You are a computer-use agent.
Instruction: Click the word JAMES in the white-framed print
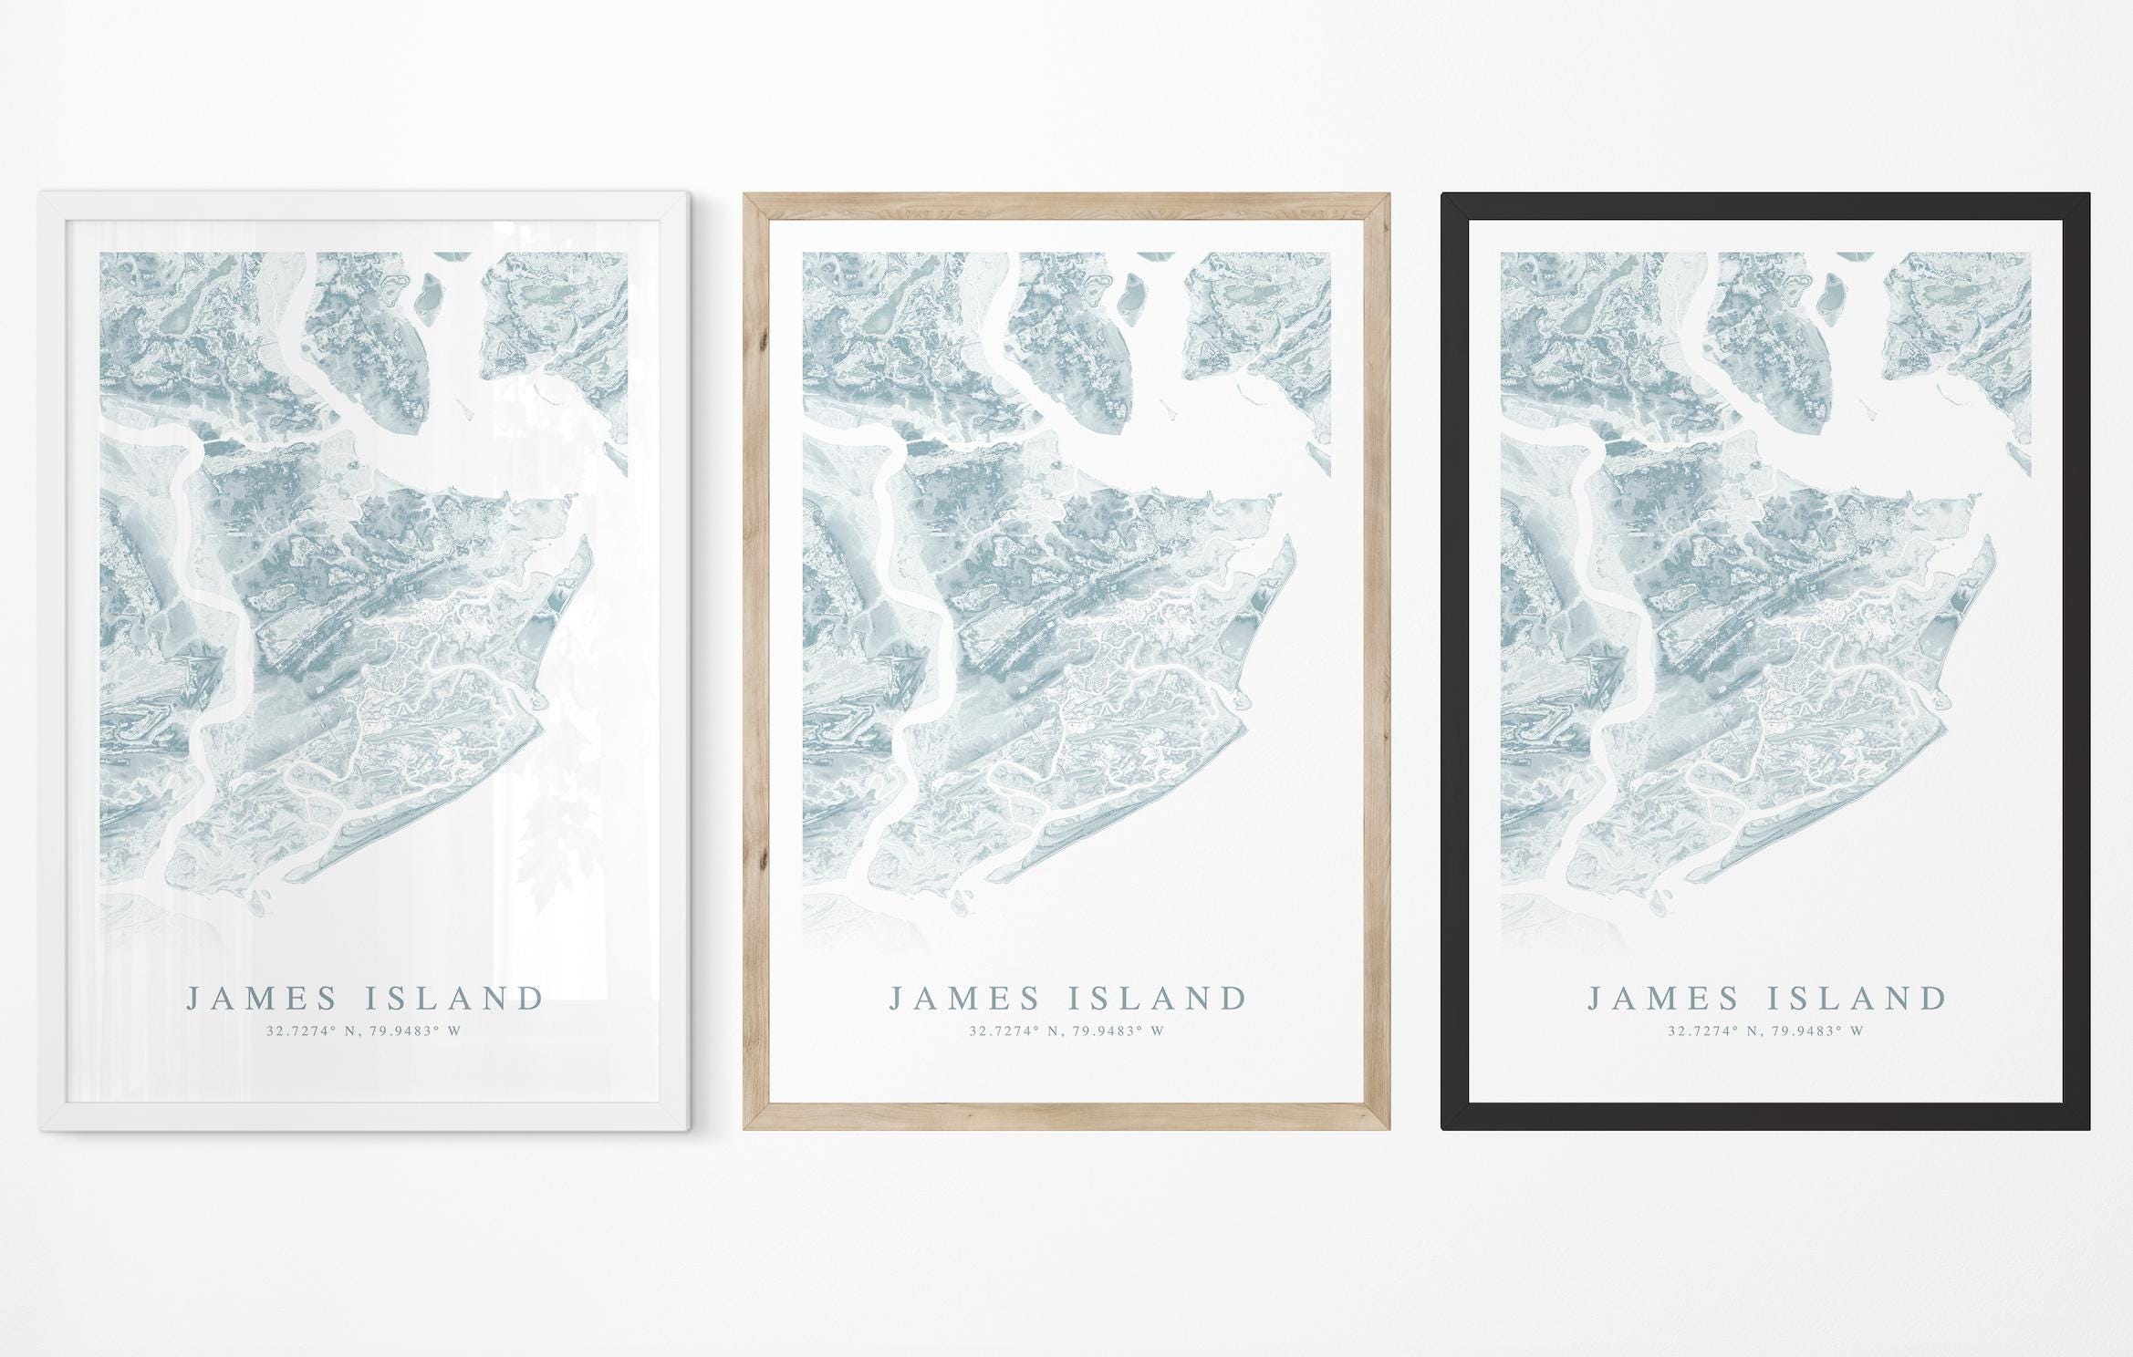click(262, 999)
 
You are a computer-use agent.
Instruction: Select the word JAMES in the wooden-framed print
click(964, 999)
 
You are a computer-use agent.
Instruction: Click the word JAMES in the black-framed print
click(1663, 999)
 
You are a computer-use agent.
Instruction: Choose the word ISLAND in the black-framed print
click(1857, 999)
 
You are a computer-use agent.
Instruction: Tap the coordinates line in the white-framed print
click(363, 1031)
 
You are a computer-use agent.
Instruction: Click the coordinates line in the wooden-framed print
click(1066, 1031)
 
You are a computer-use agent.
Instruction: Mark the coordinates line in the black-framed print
click(1765, 1031)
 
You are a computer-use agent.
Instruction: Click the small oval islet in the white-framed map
click(426, 296)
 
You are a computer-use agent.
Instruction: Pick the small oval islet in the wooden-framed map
click(1129, 296)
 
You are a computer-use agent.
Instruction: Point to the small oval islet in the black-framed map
click(1828, 296)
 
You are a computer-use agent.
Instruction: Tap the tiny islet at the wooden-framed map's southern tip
click(960, 906)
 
